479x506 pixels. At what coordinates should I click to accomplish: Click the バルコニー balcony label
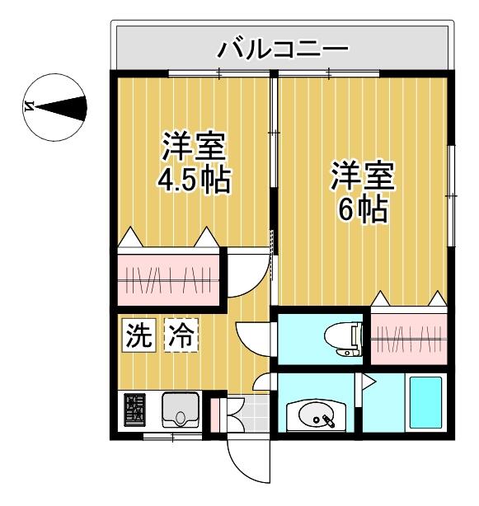tap(282, 49)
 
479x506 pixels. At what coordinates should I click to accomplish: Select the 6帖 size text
tap(363, 210)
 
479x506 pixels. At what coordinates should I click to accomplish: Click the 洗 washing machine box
tap(138, 335)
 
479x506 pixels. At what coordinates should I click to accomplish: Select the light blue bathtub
tap(426, 401)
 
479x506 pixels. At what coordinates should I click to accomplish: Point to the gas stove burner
tap(134, 410)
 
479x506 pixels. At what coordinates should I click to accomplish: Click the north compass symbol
tap(56, 105)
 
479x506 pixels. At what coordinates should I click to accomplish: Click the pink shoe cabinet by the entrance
tap(216, 415)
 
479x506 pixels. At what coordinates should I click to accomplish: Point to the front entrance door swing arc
tap(247, 461)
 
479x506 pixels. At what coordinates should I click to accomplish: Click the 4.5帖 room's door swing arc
tap(247, 276)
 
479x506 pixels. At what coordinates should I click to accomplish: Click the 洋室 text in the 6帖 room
tap(363, 176)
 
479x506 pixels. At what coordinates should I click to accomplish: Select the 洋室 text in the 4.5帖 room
tap(194, 146)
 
